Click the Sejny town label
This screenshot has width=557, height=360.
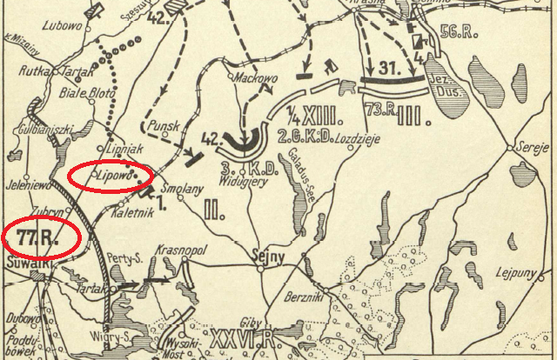[261, 257]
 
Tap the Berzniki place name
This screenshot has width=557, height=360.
[304, 297]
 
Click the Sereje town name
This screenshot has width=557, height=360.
[530, 147]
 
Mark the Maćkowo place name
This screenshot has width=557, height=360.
[253, 77]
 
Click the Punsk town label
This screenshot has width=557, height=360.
[164, 127]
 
